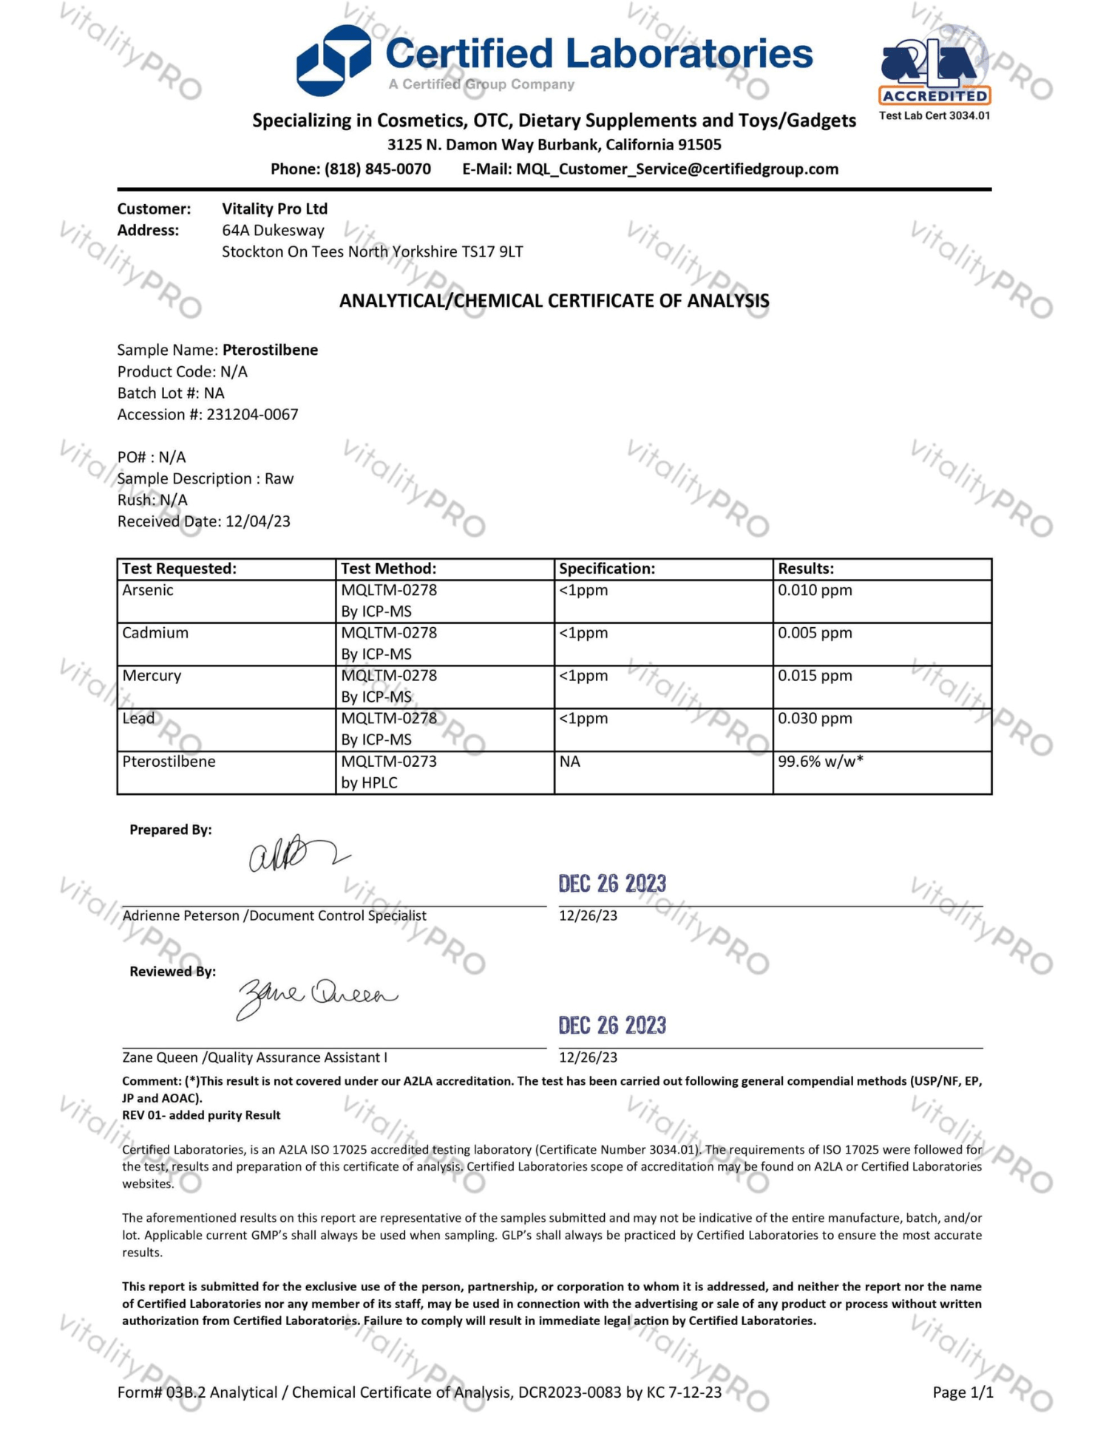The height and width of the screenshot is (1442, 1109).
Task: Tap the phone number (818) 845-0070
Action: pyautogui.click(x=377, y=169)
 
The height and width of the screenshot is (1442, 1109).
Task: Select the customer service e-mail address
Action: pyautogui.click(x=677, y=169)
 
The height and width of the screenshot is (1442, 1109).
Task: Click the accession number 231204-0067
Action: pyautogui.click(x=252, y=415)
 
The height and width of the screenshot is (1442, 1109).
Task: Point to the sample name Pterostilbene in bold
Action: pyautogui.click(x=270, y=350)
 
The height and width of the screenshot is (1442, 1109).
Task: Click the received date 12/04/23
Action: pyautogui.click(x=258, y=521)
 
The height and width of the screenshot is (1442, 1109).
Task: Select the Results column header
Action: pyautogui.click(x=806, y=569)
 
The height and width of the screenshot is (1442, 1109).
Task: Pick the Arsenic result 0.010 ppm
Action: pyautogui.click(x=815, y=590)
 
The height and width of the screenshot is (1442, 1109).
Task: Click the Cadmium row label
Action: pyautogui.click(x=155, y=633)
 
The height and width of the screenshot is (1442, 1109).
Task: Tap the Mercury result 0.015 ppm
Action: pyautogui.click(x=815, y=676)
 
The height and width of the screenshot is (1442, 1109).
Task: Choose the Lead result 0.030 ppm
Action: pyautogui.click(x=815, y=719)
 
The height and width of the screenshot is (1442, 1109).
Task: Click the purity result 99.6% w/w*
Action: pyautogui.click(x=821, y=762)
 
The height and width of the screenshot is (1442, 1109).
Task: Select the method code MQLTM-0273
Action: pyautogui.click(x=389, y=762)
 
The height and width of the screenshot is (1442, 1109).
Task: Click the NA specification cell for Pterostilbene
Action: pyautogui.click(x=570, y=762)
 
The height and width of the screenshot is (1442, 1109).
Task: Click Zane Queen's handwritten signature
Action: pyautogui.click(x=316, y=996)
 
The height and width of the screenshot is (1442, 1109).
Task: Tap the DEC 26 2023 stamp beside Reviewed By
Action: pyautogui.click(x=612, y=1026)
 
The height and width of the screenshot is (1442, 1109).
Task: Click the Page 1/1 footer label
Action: pyautogui.click(x=963, y=1392)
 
